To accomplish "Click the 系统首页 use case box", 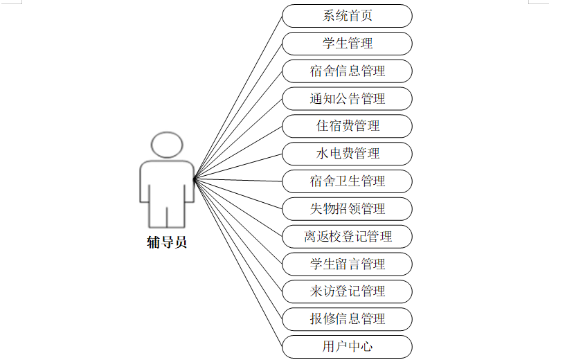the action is pyautogui.click(x=347, y=16).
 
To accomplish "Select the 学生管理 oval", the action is pyautogui.click(x=347, y=44).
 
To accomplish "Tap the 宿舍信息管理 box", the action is pyautogui.click(x=347, y=71).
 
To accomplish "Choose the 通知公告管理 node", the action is pyautogui.click(x=347, y=98).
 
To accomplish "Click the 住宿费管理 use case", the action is pyautogui.click(x=347, y=126).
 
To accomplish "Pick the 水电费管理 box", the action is pyautogui.click(x=347, y=154).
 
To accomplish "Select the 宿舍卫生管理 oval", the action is pyautogui.click(x=347, y=181).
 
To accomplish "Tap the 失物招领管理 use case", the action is pyautogui.click(x=347, y=208).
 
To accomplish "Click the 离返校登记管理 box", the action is pyautogui.click(x=347, y=236).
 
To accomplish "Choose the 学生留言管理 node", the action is pyautogui.click(x=347, y=264).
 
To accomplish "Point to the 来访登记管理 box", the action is pyautogui.click(x=347, y=291).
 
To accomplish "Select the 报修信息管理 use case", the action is pyautogui.click(x=347, y=318).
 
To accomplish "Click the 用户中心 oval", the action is pyautogui.click(x=347, y=346).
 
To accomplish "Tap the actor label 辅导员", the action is pyautogui.click(x=167, y=242).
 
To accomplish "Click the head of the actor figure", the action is pyautogui.click(x=167, y=145).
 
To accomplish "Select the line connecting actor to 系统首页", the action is pyautogui.click(x=238, y=98).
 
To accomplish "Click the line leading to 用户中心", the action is pyautogui.click(x=238, y=263).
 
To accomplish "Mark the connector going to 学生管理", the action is pyautogui.click(x=238, y=111).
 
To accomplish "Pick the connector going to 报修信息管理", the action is pyautogui.click(x=238, y=249).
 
